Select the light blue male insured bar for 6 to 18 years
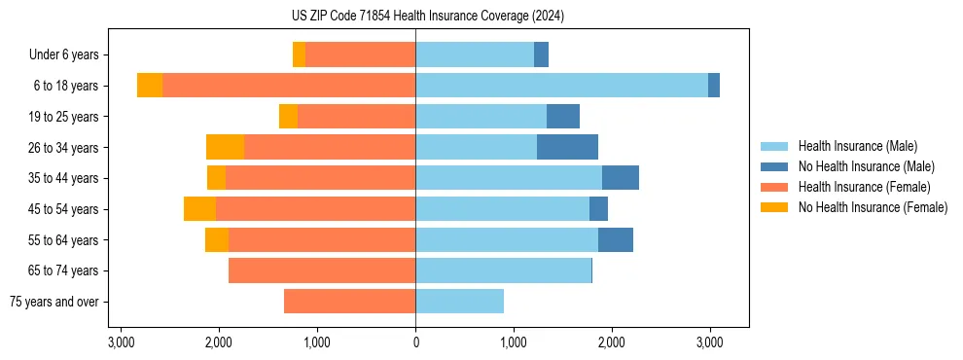[x=561, y=86]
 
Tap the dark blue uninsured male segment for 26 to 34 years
[x=567, y=147]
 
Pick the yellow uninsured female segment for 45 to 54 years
[x=199, y=208]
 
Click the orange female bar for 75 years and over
[x=349, y=302]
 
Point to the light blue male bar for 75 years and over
[x=459, y=302]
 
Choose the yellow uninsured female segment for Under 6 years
[x=299, y=54]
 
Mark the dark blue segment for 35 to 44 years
[x=620, y=178]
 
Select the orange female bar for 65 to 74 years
[x=322, y=270]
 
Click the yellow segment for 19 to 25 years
[x=288, y=117]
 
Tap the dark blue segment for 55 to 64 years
[x=615, y=239]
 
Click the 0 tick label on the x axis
[x=415, y=342]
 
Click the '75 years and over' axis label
[x=53, y=302]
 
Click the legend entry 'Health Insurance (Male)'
[x=857, y=146]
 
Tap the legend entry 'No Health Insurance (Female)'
[x=872, y=207]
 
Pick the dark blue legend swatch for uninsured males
[x=774, y=166]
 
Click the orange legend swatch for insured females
[x=774, y=187]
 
